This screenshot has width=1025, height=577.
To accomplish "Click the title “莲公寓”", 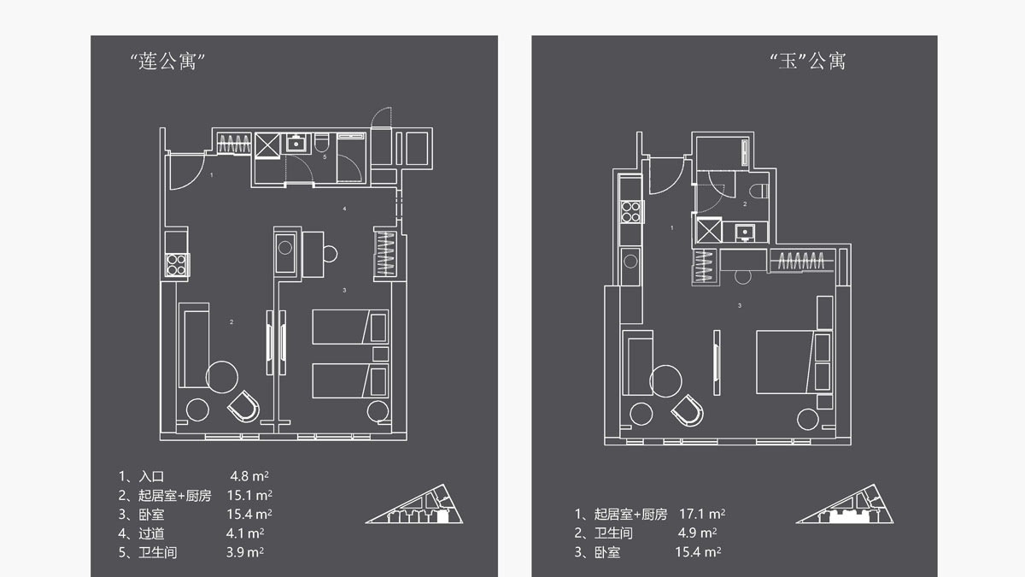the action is pyautogui.click(x=167, y=61).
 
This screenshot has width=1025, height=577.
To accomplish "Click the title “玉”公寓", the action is pyautogui.click(x=808, y=61).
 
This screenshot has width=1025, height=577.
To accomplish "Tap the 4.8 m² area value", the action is pyautogui.click(x=249, y=476).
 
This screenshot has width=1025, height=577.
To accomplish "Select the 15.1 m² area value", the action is pyautogui.click(x=249, y=495).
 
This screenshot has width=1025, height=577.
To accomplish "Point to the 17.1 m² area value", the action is pyautogui.click(x=702, y=514).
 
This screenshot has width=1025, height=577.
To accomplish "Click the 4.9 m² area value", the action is pyautogui.click(x=697, y=533).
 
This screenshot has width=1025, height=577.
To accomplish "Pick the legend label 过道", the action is pyautogui.click(x=151, y=533).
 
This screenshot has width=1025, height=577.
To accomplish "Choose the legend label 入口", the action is pyautogui.click(x=151, y=476).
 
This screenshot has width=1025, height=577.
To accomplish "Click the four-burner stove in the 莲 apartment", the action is pyautogui.click(x=177, y=265).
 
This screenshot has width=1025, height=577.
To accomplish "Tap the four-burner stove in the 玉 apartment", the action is pyautogui.click(x=630, y=212).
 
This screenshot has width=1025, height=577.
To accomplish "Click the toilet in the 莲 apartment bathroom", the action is pyautogui.click(x=321, y=143).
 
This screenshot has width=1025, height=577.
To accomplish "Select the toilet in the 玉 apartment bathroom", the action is pyautogui.click(x=759, y=191).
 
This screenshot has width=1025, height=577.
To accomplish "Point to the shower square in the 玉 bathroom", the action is pyautogui.click(x=708, y=230).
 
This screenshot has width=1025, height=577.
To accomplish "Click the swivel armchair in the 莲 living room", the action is pyautogui.click(x=244, y=407).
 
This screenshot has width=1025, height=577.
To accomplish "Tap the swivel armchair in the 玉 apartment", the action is pyautogui.click(x=688, y=410).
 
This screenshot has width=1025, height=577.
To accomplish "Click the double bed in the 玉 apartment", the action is pyautogui.click(x=794, y=362).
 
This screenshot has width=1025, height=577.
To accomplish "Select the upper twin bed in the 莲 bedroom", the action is pyautogui.click(x=350, y=327).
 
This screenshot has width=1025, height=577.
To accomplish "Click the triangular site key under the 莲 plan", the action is pyautogui.click(x=414, y=503).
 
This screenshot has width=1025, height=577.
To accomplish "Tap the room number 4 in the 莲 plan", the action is pyautogui.click(x=344, y=209).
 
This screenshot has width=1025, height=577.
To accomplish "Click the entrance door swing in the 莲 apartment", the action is pyautogui.click(x=187, y=171).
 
